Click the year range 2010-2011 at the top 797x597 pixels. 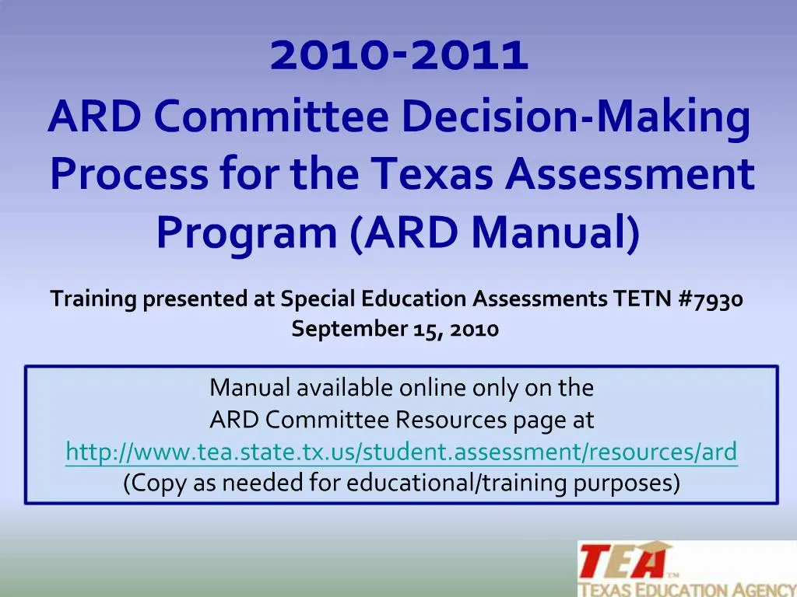(x=399, y=54)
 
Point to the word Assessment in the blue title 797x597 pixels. (x=629, y=173)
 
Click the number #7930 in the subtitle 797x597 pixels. (x=711, y=298)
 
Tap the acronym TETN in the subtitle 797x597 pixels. (x=642, y=298)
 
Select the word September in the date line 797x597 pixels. (x=349, y=330)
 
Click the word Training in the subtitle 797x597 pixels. (x=93, y=299)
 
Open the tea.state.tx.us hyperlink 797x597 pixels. (x=402, y=452)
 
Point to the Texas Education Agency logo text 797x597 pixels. (x=688, y=589)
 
